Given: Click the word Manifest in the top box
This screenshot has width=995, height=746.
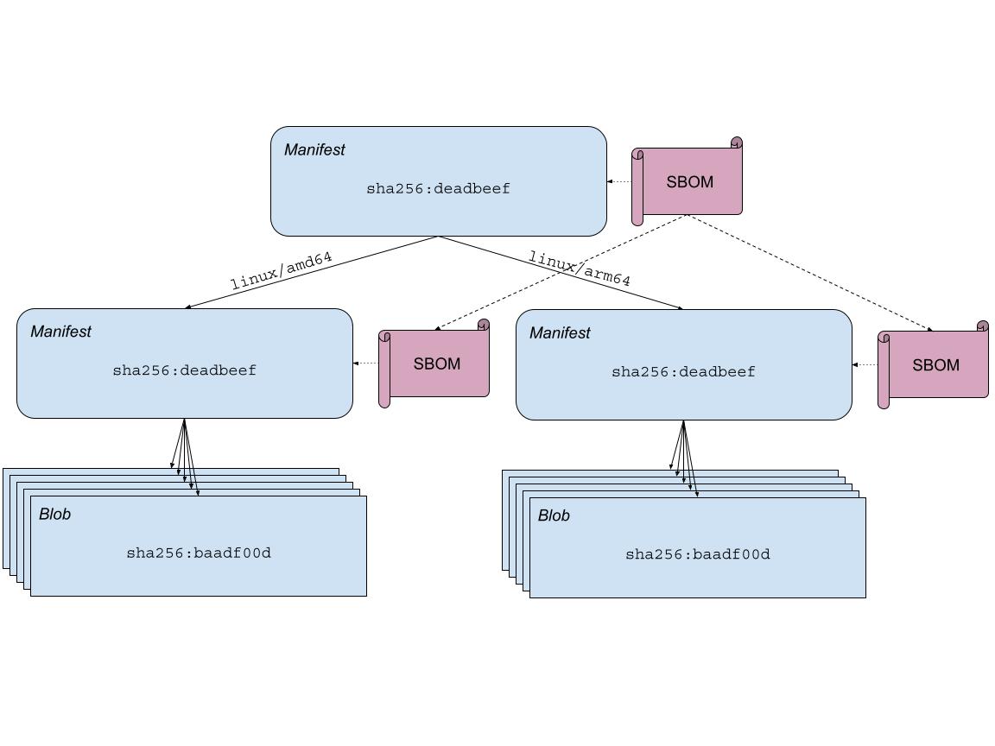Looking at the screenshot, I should tap(314, 149).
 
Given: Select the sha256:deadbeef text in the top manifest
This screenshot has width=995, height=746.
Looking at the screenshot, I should tap(438, 188).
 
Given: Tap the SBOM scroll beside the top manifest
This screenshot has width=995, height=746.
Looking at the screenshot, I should tap(690, 182).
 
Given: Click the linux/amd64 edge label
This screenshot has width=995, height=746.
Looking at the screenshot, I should tap(282, 270).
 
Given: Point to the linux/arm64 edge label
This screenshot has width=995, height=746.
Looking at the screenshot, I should tap(580, 269).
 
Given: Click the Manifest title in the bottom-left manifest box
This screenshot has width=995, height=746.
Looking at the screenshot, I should tap(60, 332).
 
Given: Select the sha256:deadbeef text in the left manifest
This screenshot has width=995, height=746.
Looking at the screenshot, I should tap(184, 370).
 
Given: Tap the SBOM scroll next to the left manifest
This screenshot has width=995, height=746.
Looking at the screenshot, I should tap(437, 364).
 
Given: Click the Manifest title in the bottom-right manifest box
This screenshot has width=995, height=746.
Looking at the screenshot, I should tap(560, 333).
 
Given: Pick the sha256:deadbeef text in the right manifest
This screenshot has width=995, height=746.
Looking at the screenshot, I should tap(683, 372).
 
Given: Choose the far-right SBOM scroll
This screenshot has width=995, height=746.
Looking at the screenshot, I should tap(936, 365).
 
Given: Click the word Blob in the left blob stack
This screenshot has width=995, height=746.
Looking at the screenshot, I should tap(54, 515).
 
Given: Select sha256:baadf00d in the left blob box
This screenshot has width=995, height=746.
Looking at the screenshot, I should tap(199, 553).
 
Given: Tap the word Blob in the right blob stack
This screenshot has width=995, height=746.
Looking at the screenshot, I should tap(554, 516).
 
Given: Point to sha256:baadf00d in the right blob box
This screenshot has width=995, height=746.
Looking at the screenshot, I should tap(698, 554).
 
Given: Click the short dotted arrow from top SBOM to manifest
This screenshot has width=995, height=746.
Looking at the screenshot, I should tap(620, 181).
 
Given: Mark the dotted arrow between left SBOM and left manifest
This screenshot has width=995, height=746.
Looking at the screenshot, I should tap(366, 364).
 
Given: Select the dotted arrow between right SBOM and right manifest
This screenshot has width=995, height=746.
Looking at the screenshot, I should tap(865, 365).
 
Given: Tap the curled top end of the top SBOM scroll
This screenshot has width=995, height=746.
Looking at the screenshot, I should tap(737, 142).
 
